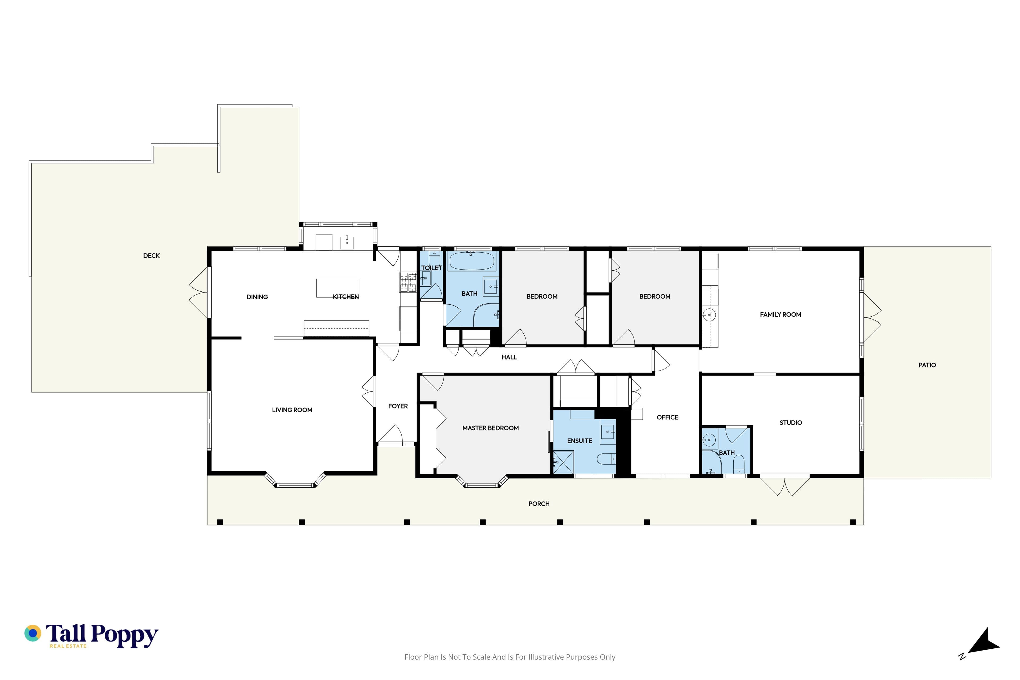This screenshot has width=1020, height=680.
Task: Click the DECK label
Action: tap(151, 256)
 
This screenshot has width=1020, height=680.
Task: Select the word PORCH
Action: tap(539, 504)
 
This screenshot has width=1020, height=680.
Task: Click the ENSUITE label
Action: tap(579, 441)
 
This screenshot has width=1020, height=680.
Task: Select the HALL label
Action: tap(509, 357)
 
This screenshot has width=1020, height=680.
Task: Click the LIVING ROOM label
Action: tap(292, 410)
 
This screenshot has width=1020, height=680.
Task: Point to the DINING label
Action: tap(257, 297)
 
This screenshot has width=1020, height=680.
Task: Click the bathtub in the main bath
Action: tap(471, 261)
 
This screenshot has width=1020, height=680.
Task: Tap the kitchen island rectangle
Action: tap(337, 288)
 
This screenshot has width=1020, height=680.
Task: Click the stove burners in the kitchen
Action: tap(408, 282)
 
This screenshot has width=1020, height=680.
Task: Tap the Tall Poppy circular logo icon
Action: tap(32, 633)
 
